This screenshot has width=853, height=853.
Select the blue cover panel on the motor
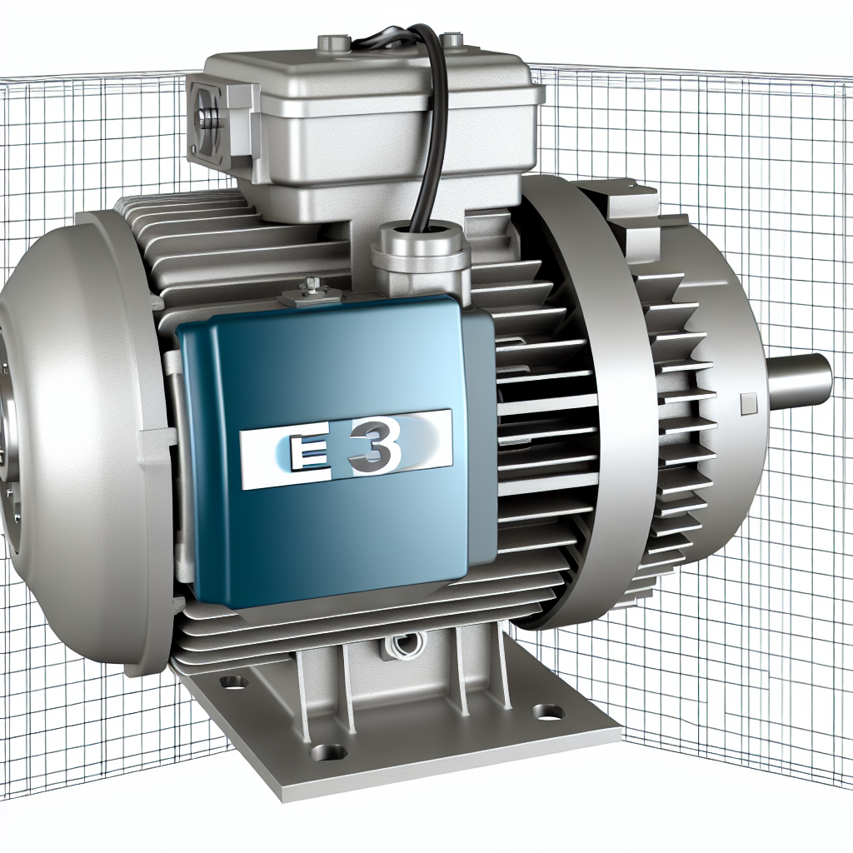[x=333, y=516]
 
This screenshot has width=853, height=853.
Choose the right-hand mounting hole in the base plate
[x=547, y=711]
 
